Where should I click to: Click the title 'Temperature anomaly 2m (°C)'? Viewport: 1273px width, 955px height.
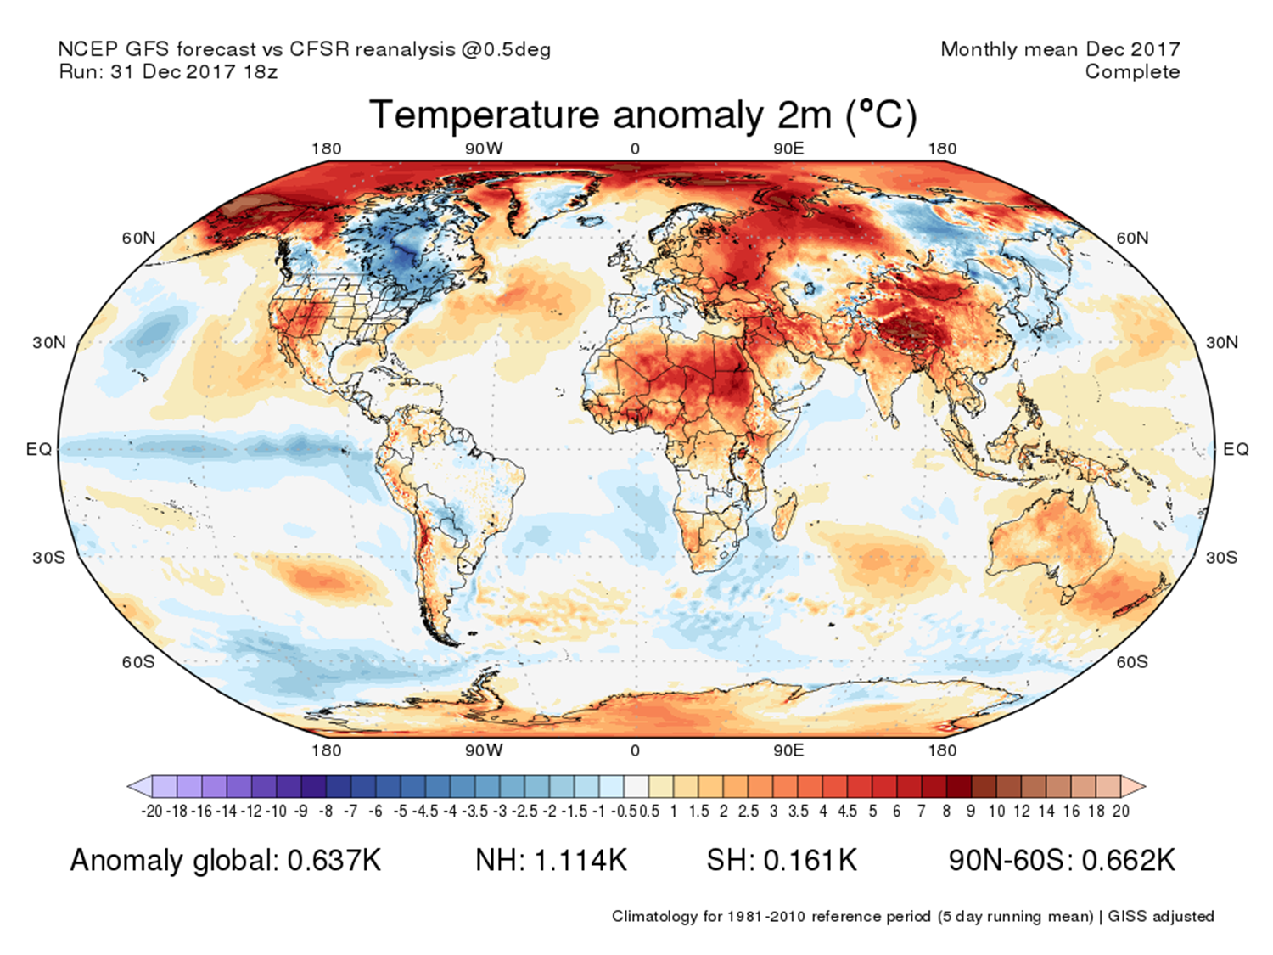(642, 115)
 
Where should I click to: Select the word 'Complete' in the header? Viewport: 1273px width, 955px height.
(1132, 72)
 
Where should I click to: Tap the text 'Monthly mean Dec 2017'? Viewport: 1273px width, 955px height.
(1060, 49)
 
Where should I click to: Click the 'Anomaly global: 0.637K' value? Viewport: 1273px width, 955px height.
(226, 860)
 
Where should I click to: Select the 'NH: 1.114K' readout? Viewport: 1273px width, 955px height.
(551, 860)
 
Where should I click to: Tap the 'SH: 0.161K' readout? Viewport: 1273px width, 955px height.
(782, 860)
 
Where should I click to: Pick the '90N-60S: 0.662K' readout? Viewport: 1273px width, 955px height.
(1062, 860)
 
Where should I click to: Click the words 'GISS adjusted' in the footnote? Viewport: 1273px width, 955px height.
(1160, 917)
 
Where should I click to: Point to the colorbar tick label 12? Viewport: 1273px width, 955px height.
(1022, 812)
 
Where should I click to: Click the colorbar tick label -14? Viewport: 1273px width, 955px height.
(227, 812)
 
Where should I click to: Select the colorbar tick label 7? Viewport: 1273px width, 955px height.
(921, 812)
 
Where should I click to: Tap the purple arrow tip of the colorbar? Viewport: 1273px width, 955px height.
(134, 787)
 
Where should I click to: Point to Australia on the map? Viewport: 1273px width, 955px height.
(1052, 543)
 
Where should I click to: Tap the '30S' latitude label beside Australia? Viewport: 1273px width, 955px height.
(1220, 558)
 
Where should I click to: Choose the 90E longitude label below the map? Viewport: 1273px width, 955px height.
(788, 750)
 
